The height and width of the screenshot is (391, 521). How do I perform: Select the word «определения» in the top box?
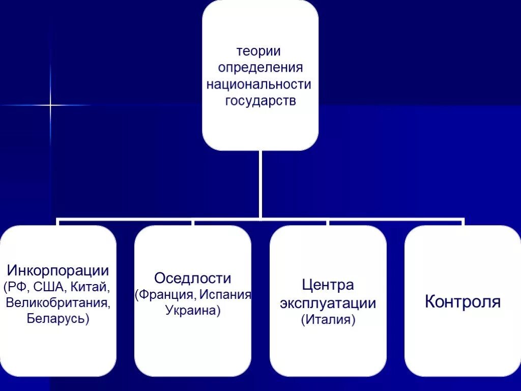[260, 68]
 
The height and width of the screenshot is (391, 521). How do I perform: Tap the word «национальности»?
[258, 84]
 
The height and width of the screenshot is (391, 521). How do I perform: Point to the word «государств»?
[260, 100]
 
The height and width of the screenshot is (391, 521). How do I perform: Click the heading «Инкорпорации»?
[57, 270]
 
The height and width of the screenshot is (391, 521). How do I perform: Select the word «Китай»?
[90, 286]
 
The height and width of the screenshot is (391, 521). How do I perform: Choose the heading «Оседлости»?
[193, 278]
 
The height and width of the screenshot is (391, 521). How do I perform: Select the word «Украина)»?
[193, 311]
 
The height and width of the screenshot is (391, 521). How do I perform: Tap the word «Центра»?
[328, 285]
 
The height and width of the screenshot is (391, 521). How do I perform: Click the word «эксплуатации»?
[328, 303]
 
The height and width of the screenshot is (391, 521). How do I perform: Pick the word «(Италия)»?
[328, 320]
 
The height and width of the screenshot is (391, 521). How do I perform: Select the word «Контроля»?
[462, 301]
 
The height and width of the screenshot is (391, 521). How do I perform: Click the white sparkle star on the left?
[50, 105]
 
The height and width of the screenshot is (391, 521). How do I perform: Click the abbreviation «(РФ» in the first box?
[16, 286]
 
